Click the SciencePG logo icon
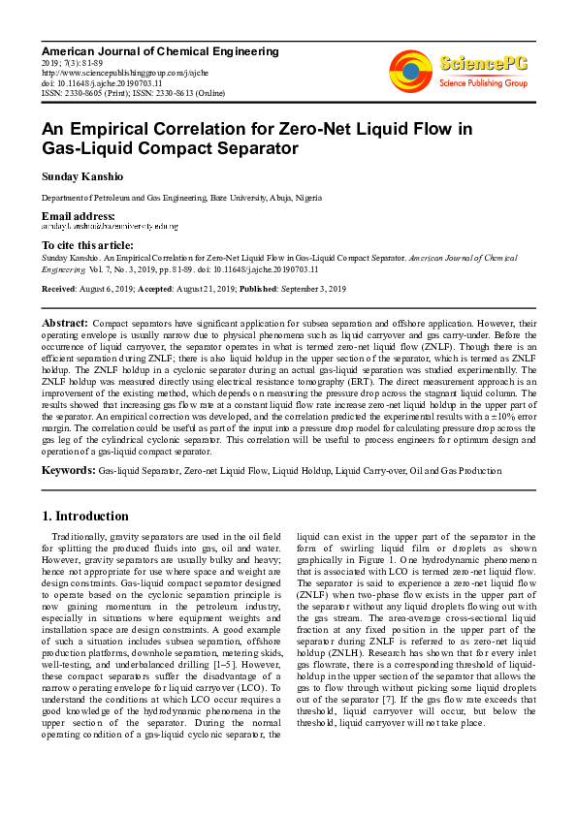click(x=410, y=69)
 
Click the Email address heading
click(x=78, y=215)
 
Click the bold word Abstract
click(x=64, y=321)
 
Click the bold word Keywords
click(x=67, y=470)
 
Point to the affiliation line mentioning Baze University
click(x=173, y=198)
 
